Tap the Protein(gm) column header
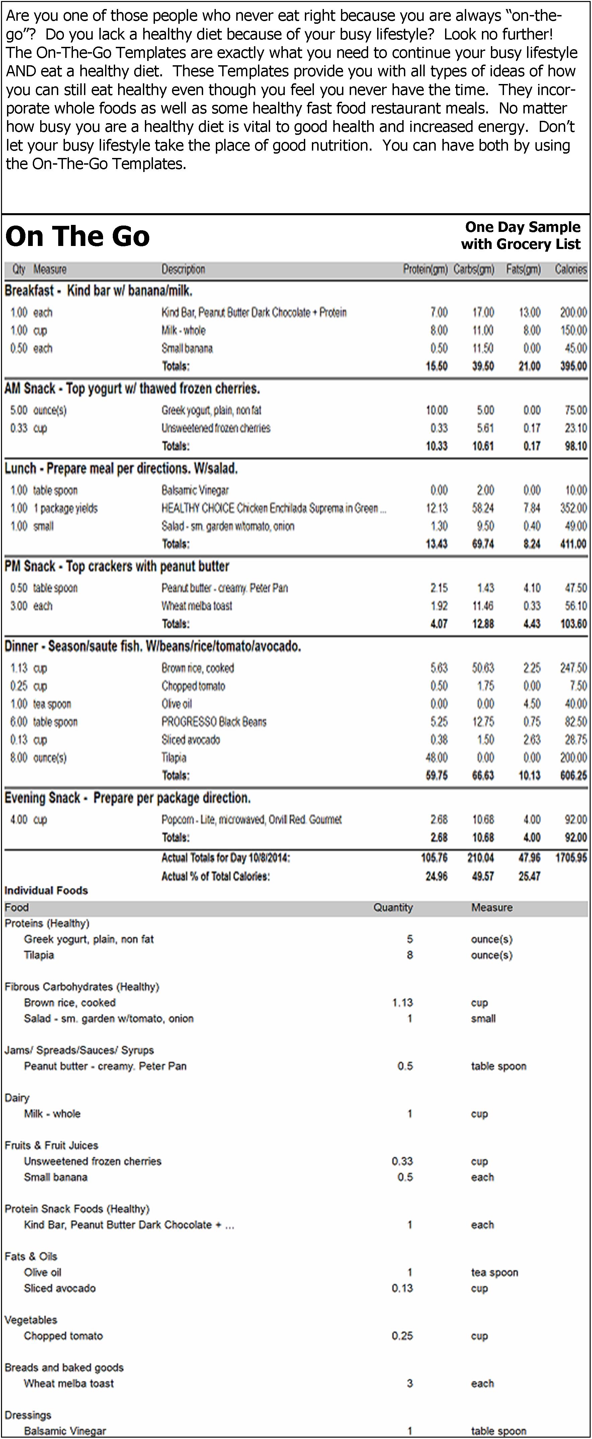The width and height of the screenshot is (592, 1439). tap(425, 269)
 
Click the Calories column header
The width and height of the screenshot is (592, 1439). tap(570, 269)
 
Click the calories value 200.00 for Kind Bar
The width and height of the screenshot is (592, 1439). tap(573, 312)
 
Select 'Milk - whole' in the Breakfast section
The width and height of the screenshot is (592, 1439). tap(183, 330)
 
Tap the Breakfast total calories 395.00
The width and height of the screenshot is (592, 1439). tap(573, 366)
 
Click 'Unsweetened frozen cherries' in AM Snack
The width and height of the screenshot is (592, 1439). tap(216, 428)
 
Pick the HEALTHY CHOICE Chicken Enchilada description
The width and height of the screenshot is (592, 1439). tap(273, 508)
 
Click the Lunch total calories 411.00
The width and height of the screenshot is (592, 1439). tap(573, 544)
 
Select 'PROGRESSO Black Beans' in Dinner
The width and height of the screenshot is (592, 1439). tap(214, 722)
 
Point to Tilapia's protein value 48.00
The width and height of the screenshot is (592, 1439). tap(436, 758)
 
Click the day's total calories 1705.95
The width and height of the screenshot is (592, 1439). tap(571, 857)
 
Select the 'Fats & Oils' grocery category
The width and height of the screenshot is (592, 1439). tap(31, 1256)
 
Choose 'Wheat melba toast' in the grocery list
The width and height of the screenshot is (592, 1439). tap(68, 1383)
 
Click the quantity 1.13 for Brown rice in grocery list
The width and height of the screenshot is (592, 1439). tap(402, 1003)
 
